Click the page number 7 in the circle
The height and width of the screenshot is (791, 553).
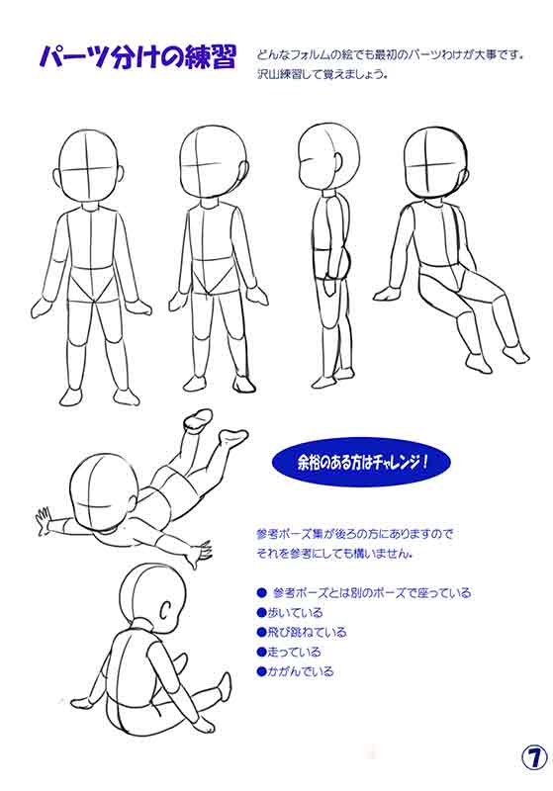point(534,757)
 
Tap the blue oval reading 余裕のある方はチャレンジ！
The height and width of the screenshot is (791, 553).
point(361,461)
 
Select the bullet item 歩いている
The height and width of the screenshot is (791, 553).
point(289,612)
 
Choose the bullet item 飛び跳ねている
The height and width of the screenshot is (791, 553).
point(302,632)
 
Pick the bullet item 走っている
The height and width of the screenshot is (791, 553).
point(289,652)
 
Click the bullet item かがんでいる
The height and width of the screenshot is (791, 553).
point(295,671)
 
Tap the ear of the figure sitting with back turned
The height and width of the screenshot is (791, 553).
point(165,609)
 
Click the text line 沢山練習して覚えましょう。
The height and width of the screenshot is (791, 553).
point(322,76)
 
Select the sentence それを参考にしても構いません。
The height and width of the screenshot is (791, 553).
point(335,554)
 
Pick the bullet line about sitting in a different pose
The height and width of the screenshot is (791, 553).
point(364,592)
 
